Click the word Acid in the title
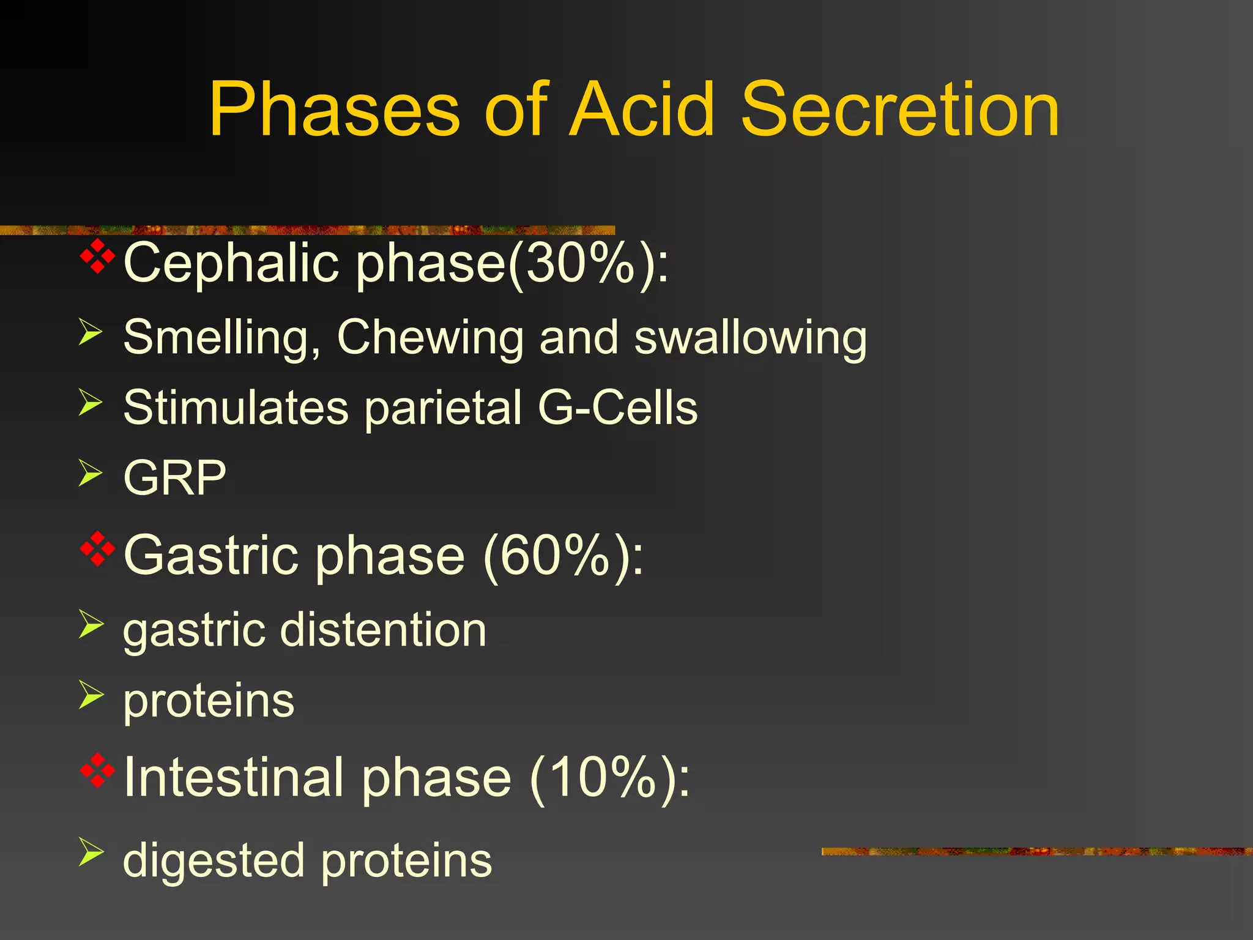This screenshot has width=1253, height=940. pyautogui.click(x=642, y=110)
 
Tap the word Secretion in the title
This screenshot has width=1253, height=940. pyautogui.click(x=900, y=110)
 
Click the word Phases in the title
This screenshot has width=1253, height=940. pyautogui.click(x=334, y=110)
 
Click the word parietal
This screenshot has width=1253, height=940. pyautogui.click(x=444, y=409)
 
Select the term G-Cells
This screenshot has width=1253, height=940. pyautogui.click(x=618, y=408)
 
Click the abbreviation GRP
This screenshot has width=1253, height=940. pyautogui.click(x=175, y=478)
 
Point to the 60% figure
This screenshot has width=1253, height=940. pyautogui.click(x=557, y=556)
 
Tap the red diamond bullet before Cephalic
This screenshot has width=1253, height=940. pyautogui.click(x=97, y=256)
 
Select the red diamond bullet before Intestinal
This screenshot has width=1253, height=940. pyautogui.click(x=97, y=770)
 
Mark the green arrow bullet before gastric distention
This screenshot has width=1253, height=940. pyautogui.click(x=90, y=624)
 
